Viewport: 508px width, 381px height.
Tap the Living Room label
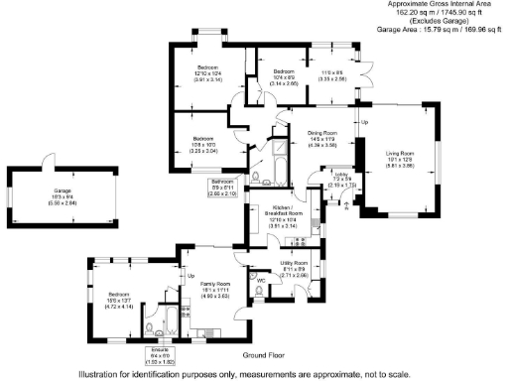pos(401,158)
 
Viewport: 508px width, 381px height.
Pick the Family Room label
pos(216,287)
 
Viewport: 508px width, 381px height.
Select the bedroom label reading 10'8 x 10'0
pos(203,143)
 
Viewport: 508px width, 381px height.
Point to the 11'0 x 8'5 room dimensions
pos(333,76)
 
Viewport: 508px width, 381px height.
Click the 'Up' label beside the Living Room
pos(364,122)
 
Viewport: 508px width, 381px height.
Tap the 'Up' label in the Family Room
pos(190,276)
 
